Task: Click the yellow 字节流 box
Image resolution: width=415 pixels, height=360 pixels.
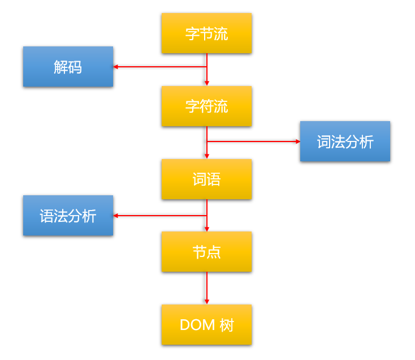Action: click(x=206, y=33)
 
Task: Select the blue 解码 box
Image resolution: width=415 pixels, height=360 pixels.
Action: click(x=68, y=67)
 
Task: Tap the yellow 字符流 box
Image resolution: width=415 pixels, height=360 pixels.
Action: click(x=206, y=106)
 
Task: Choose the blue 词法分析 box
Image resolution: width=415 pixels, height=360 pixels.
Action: click(x=345, y=142)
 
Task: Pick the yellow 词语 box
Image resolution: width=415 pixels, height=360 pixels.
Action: click(x=206, y=179)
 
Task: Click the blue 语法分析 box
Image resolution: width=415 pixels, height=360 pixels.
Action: click(x=68, y=216)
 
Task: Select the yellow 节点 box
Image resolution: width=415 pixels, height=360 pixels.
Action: click(x=206, y=252)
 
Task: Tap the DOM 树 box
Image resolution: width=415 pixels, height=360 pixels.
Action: click(x=206, y=325)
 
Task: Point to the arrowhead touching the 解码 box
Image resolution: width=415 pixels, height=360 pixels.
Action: click(x=116, y=67)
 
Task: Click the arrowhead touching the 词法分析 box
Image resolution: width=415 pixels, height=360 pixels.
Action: click(x=297, y=142)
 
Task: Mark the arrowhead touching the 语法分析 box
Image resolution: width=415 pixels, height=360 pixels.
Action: click(x=116, y=216)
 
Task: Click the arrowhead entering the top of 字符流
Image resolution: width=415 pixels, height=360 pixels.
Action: click(x=207, y=83)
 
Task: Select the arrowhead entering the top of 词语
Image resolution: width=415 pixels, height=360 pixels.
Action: click(x=207, y=156)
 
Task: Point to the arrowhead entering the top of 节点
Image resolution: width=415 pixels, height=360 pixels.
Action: click(x=207, y=229)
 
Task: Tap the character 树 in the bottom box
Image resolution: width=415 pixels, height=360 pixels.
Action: click(x=227, y=325)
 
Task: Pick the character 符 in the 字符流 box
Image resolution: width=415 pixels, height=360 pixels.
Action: click(x=206, y=106)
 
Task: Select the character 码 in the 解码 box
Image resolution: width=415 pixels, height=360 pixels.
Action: click(x=75, y=67)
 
